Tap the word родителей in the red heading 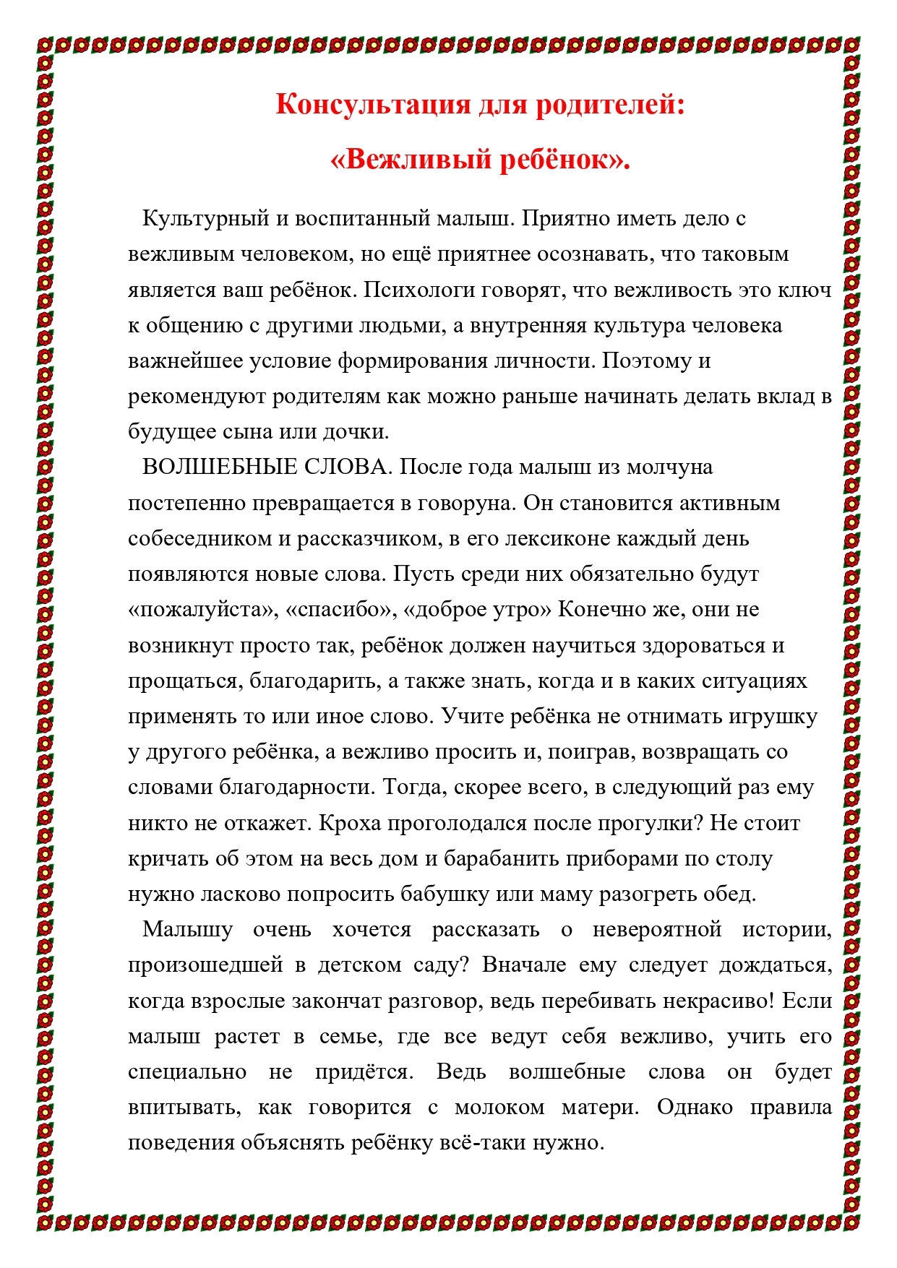[x=609, y=105]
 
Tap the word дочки [x=359, y=432]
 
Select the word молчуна [x=669, y=467]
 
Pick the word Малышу [x=188, y=930]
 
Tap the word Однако [x=695, y=1108]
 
